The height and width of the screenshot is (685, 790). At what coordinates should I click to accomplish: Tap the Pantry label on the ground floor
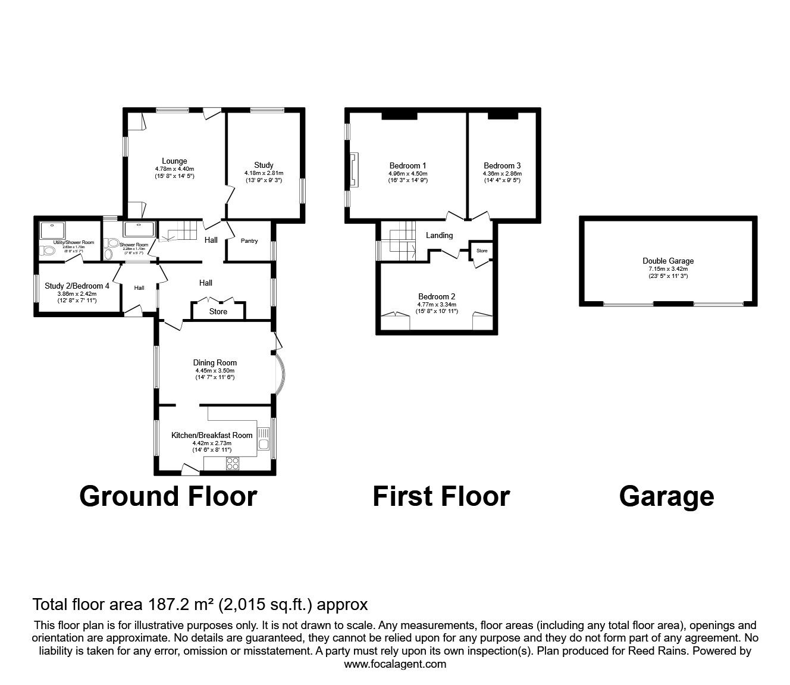tap(249, 241)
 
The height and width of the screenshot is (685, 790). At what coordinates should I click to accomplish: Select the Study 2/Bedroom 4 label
tap(77, 286)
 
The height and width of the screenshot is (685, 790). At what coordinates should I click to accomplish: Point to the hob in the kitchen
tap(233, 463)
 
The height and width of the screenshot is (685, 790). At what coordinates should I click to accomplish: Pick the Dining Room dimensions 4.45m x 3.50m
tap(215, 370)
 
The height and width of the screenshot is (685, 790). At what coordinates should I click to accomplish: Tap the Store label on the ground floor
tap(218, 311)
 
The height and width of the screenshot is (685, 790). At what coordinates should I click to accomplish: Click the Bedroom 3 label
tap(502, 166)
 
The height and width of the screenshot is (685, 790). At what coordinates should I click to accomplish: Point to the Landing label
tap(439, 236)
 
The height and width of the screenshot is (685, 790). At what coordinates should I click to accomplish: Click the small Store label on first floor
tap(482, 251)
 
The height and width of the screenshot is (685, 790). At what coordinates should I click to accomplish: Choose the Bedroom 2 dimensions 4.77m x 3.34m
tap(436, 304)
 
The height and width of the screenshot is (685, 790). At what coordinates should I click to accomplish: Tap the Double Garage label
tap(667, 261)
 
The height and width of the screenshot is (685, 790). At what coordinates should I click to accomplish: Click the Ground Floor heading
tap(168, 496)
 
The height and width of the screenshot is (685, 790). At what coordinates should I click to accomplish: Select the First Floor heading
tap(441, 496)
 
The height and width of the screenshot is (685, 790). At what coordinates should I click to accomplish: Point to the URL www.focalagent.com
tap(395, 664)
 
